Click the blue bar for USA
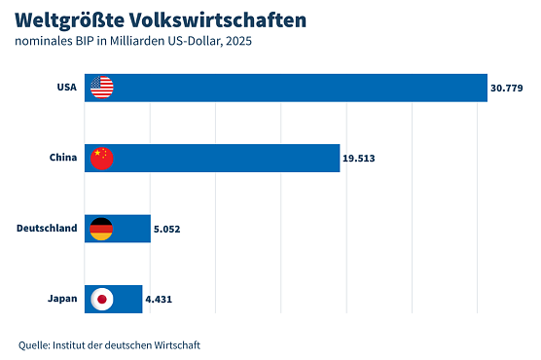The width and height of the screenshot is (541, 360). (x=292, y=88)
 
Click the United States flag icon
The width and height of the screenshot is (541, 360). (x=101, y=88)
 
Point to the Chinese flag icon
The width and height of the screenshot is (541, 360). (x=101, y=158)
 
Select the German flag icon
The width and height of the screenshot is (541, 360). (x=101, y=229)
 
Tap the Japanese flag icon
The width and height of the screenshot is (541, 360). (x=101, y=299)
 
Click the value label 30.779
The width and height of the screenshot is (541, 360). (x=507, y=89)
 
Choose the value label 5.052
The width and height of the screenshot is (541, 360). (x=167, y=230)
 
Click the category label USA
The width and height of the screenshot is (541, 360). (x=67, y=88)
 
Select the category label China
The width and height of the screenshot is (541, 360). (x=63, y=158)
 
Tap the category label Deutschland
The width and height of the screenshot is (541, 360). (x=47, y=229)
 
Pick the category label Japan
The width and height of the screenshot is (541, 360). (x=62, y=299)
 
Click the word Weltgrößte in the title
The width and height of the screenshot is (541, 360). (x=68, y=19)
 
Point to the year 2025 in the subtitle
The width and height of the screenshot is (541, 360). (x=248, y=42)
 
